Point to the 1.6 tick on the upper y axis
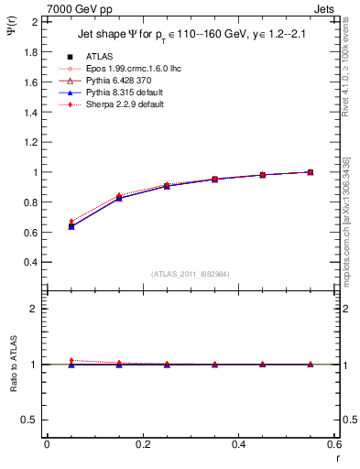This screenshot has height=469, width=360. pos(31,82)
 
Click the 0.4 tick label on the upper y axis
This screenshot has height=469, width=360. pos(31,262)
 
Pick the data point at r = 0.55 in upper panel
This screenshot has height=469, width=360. pos(311,172)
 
